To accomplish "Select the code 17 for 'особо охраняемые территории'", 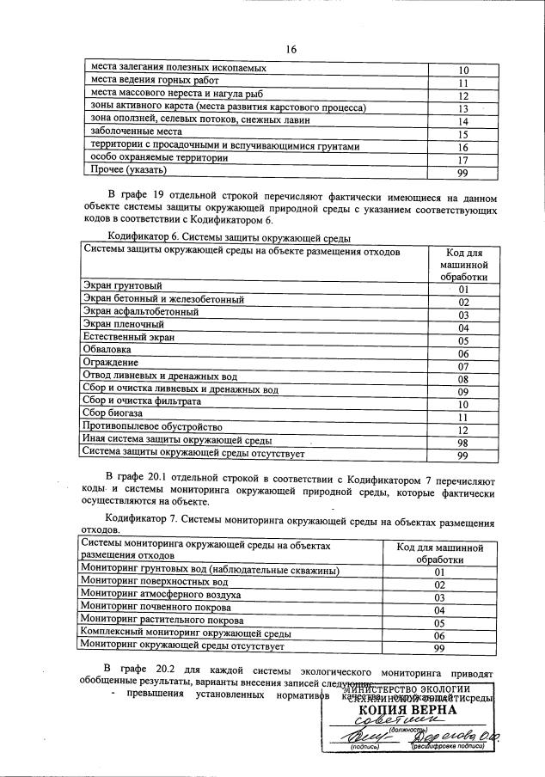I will [x=462, y=160].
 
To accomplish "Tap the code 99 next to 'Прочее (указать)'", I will [x=462, y=174].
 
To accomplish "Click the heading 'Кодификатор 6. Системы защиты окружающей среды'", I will [x=230, y=237].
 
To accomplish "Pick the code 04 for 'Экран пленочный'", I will [x=462, y=328].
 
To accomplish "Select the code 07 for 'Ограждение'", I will [x=462, y=367].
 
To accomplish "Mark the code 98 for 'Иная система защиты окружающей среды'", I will [x=462, y=443].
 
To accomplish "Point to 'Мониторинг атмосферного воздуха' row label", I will [x=160, y=595].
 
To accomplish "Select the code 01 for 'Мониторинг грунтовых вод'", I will [x=438, y=572].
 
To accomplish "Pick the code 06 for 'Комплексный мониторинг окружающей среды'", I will [x=438, y=635].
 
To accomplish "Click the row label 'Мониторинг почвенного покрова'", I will [x=156, y=608].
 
